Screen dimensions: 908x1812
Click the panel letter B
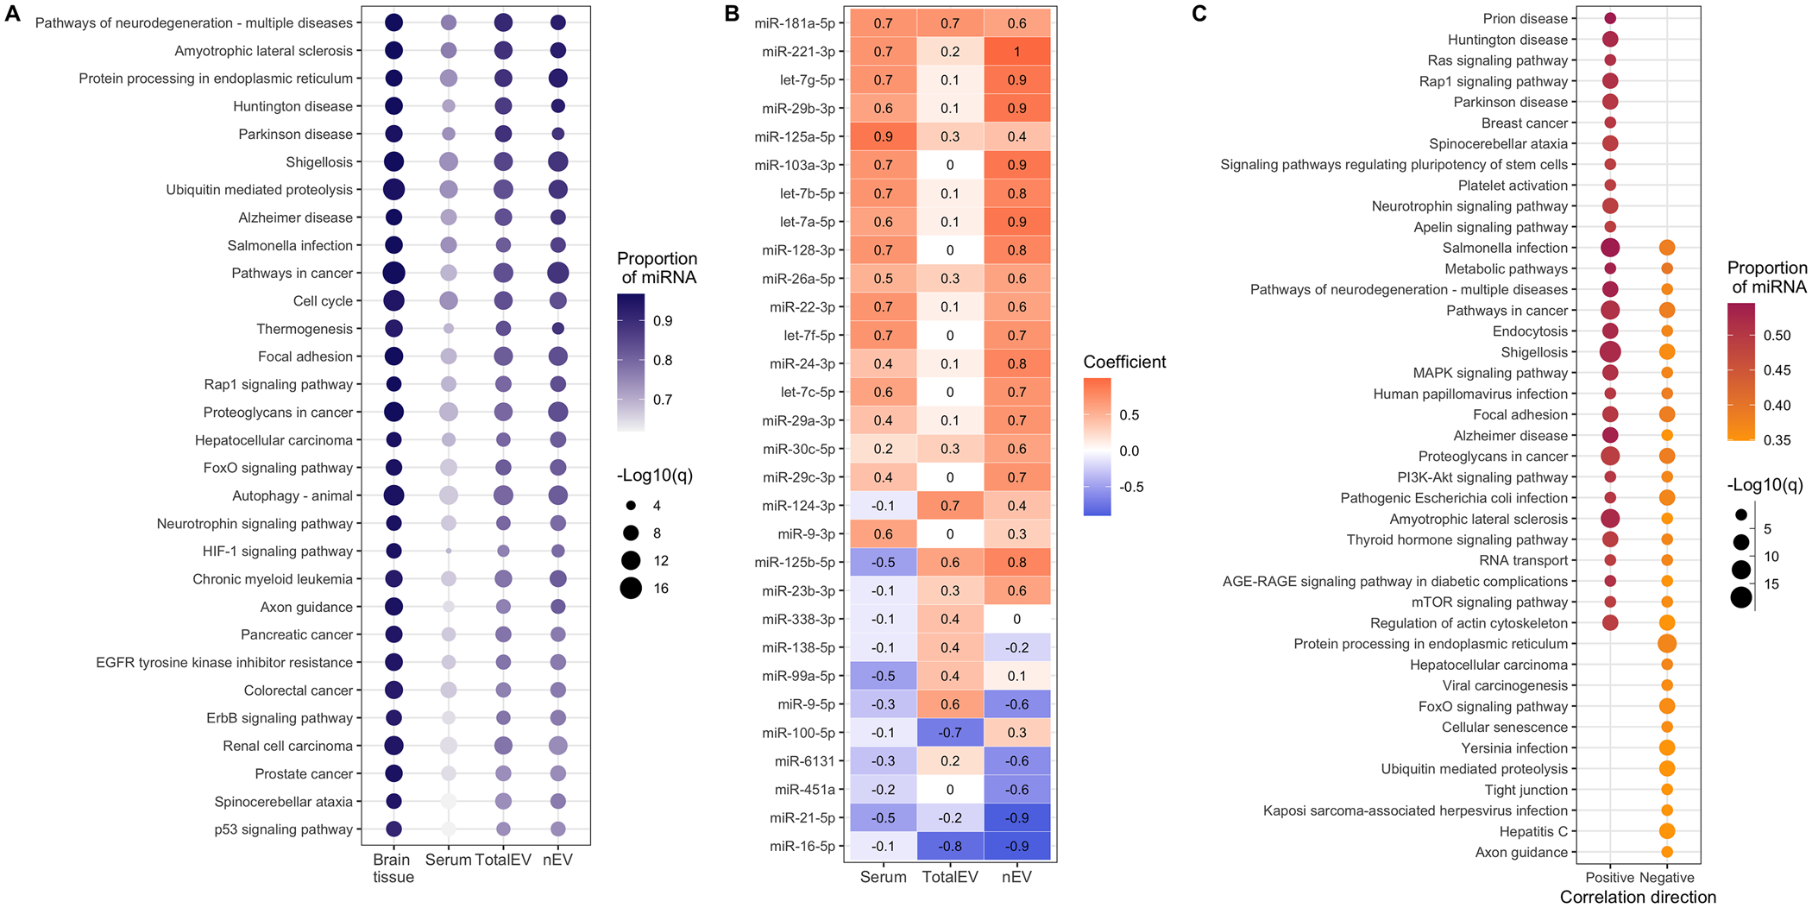tap(732, 14)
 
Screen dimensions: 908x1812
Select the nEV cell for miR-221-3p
tap(1016, 52)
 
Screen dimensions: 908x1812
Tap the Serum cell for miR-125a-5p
tap(883, 136)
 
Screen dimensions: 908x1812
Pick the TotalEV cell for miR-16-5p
tap(950, 846)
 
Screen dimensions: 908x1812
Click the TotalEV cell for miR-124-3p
tap(950, 506)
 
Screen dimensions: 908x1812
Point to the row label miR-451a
tap(805, 790)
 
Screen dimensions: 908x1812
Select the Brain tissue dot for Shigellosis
tap(393, 161)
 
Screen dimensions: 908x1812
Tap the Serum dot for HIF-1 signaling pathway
tap(449, 551)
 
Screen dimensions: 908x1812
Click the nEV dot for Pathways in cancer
tap(557, 273)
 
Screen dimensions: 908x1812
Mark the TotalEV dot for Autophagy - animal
tap(503, 495)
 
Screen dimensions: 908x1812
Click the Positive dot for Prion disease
tap(1610, 18)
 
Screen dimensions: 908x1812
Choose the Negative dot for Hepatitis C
tap(1667, 831)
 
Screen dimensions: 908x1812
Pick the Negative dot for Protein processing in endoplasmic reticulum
tap(1667, 643)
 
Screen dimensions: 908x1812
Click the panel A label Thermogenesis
tap(305, 329)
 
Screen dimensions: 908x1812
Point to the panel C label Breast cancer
tap(1524, 123)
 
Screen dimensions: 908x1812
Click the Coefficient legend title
tap(1124, 363)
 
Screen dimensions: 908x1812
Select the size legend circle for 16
tap(631, 589)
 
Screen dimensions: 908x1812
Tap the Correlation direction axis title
tap(1638, 897)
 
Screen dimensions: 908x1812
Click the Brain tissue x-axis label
tap(393, 868)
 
